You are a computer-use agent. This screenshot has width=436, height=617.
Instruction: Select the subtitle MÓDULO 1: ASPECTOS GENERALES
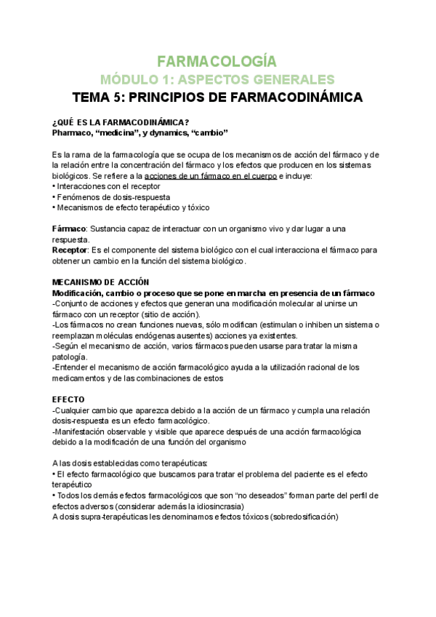click(x=217, y=79)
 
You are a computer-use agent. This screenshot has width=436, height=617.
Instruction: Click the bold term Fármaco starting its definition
click(x=69, y=228)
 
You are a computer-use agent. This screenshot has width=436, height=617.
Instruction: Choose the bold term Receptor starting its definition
click(x=70, y=250)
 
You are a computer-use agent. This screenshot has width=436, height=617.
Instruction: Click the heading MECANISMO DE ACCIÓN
click(x=100, y=282)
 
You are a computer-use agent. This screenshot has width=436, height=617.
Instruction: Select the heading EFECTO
click(x=68, y=399)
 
